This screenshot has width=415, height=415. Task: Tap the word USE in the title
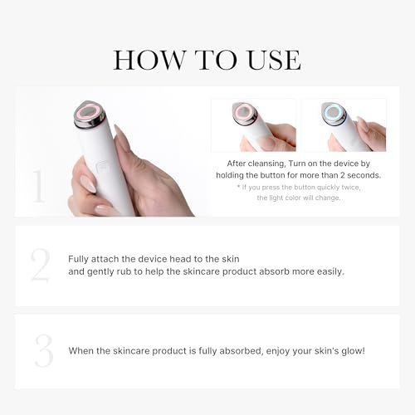click(x=271, y=60)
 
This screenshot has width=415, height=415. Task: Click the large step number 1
click(x=37, y=188)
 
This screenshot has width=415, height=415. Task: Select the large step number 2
click(x=40, y=266)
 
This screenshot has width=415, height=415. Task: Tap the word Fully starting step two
click(x=81, y=259)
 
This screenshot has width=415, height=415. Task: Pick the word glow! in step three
click(x=349, y=351)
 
